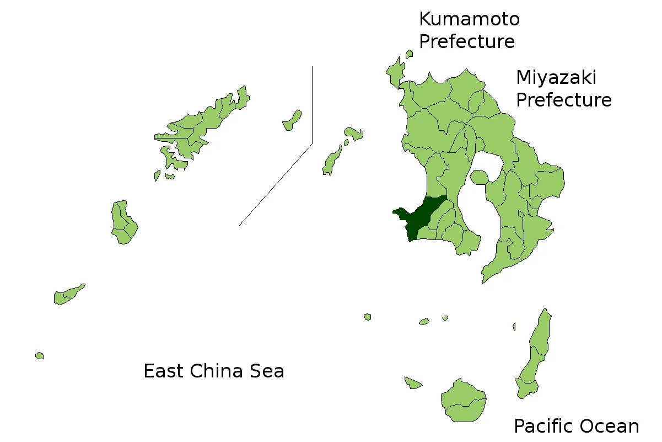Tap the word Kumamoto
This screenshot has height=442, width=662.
pyautogui.click(x=469, y=19)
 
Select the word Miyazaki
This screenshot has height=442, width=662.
pyautogui.click(x=556, y=78)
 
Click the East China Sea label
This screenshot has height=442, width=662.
pyautogui.click(x=214, y=371)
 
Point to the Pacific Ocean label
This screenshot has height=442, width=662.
pyautogui.click(x=576, y=426)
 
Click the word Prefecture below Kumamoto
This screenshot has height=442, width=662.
pyautogui.click(x=467, y=42)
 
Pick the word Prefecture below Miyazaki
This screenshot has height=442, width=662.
pyautogui.click(x=563, y=100)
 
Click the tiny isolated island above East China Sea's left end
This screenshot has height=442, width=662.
pyautogui.click(x=40, y=356)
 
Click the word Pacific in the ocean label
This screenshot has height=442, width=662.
pyautogui.click(x=542, y=426)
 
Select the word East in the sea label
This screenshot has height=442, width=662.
pyautogui.click(x=163, y=371)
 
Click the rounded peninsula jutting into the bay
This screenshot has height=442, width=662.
pyautogui.click(x=479, y=177)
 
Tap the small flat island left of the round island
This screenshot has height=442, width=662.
pyautogui.click(x=412, y=382)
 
